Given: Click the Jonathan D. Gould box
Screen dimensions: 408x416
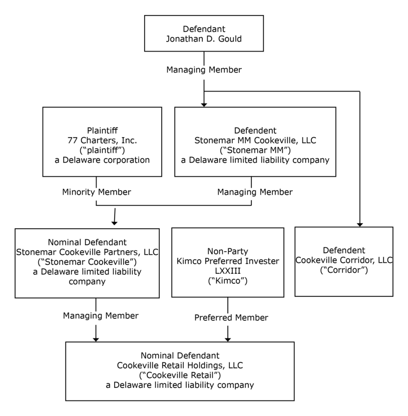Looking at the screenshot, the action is pos(204,34).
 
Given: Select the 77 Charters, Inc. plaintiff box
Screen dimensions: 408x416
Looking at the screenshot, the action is pos(102,142).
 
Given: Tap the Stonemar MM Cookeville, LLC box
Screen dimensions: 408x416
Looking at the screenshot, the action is pos(255,142).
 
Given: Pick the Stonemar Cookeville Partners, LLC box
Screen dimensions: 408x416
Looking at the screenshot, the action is pos(87,263).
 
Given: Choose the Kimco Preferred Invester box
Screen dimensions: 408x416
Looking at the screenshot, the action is pos(228,262).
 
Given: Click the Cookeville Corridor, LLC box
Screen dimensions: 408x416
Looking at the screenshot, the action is pos(344,262).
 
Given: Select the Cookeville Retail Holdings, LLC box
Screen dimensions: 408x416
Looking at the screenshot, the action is pos(180,371).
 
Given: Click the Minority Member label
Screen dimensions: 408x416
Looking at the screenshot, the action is pos(97,192).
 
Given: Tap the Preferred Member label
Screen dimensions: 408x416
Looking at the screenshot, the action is pos(231,317).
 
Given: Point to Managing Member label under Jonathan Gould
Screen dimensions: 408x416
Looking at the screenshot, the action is pos(204,70).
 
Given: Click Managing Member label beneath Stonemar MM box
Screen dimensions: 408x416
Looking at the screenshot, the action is pos(255,192).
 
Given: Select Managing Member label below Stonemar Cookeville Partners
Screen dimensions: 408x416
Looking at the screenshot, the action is pos(101,315).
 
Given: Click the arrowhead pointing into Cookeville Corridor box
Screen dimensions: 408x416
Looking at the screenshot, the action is pos(360,225).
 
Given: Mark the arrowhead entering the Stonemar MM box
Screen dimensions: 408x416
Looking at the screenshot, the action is pos(204,105).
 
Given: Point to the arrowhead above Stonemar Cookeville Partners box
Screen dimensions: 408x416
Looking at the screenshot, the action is pos(114,223).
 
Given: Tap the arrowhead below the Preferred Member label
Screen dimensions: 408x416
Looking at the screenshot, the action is pos(228,339).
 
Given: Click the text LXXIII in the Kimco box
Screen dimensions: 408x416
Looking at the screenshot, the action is pos(228,271).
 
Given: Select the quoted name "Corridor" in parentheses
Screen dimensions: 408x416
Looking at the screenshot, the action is pos(344,270).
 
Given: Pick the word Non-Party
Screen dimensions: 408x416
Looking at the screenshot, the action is pos(228,251).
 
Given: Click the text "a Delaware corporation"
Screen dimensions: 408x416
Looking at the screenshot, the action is pos(102,160).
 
